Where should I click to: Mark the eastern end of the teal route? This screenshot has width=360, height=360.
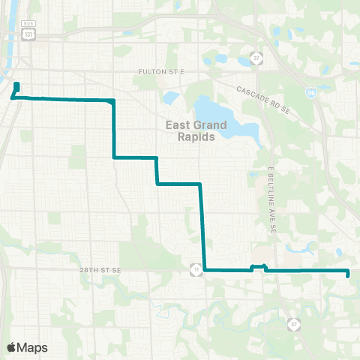[x=348, y=275]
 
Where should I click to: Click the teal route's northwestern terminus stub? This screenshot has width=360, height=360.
[x=16, y=85]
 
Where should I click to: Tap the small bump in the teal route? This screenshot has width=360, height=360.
[x=258, y=267]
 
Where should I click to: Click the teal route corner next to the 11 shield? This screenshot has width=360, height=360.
[x=205, y=269]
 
